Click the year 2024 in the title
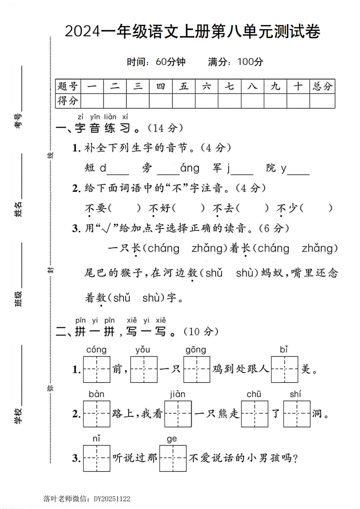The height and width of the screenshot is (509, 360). pos(81,32)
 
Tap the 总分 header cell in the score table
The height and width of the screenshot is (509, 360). pos(322,86)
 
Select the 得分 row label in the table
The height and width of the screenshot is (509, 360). pos(67,101)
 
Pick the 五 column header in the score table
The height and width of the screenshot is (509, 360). pos(184,86)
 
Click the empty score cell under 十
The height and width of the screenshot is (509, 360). pos(298,101)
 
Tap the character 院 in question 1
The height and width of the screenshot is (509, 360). pos(271,168)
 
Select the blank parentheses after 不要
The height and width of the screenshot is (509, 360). pos(126,208)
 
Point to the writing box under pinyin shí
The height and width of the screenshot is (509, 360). pos(296,414)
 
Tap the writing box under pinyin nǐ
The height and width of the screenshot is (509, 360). pos(97,458)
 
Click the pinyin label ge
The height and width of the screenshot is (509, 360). pos(172,439)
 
